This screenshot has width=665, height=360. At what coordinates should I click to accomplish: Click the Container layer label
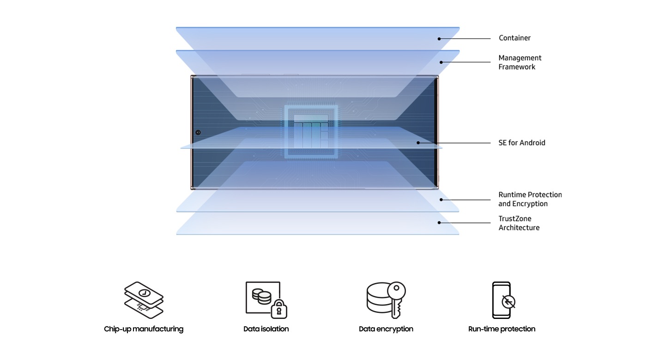(514, 38)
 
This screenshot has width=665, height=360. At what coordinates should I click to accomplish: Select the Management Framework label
(520, 62)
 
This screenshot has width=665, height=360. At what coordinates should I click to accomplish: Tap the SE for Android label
(522, 143)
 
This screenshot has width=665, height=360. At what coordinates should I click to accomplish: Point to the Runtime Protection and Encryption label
(530, 199)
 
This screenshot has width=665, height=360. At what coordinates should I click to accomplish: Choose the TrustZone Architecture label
(519, 223)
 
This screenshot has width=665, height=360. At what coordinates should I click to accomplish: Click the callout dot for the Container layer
(439, 39)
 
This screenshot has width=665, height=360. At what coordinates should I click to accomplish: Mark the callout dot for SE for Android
(418, 143)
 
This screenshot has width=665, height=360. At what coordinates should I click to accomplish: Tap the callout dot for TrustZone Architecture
(439, 222)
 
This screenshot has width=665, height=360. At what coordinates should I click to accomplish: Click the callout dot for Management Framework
(441, 62)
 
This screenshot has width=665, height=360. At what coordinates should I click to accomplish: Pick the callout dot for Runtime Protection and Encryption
(441, 200)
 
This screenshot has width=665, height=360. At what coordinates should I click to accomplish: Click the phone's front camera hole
(198, 132)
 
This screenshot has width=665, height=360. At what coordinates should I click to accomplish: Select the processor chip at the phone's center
(311, 132)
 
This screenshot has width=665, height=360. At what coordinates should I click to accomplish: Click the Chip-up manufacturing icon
(144, 299)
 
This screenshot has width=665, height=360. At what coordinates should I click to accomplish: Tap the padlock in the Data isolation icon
(279, 309)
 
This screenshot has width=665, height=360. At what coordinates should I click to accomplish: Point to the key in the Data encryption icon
(395, 298)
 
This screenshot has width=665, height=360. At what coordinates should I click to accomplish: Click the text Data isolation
(266, 329)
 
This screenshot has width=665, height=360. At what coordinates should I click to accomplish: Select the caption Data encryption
(386, 329)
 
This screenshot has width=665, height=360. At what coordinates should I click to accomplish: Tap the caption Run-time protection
(502, 329)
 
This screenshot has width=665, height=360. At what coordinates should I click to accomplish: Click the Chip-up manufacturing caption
(144, 329)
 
